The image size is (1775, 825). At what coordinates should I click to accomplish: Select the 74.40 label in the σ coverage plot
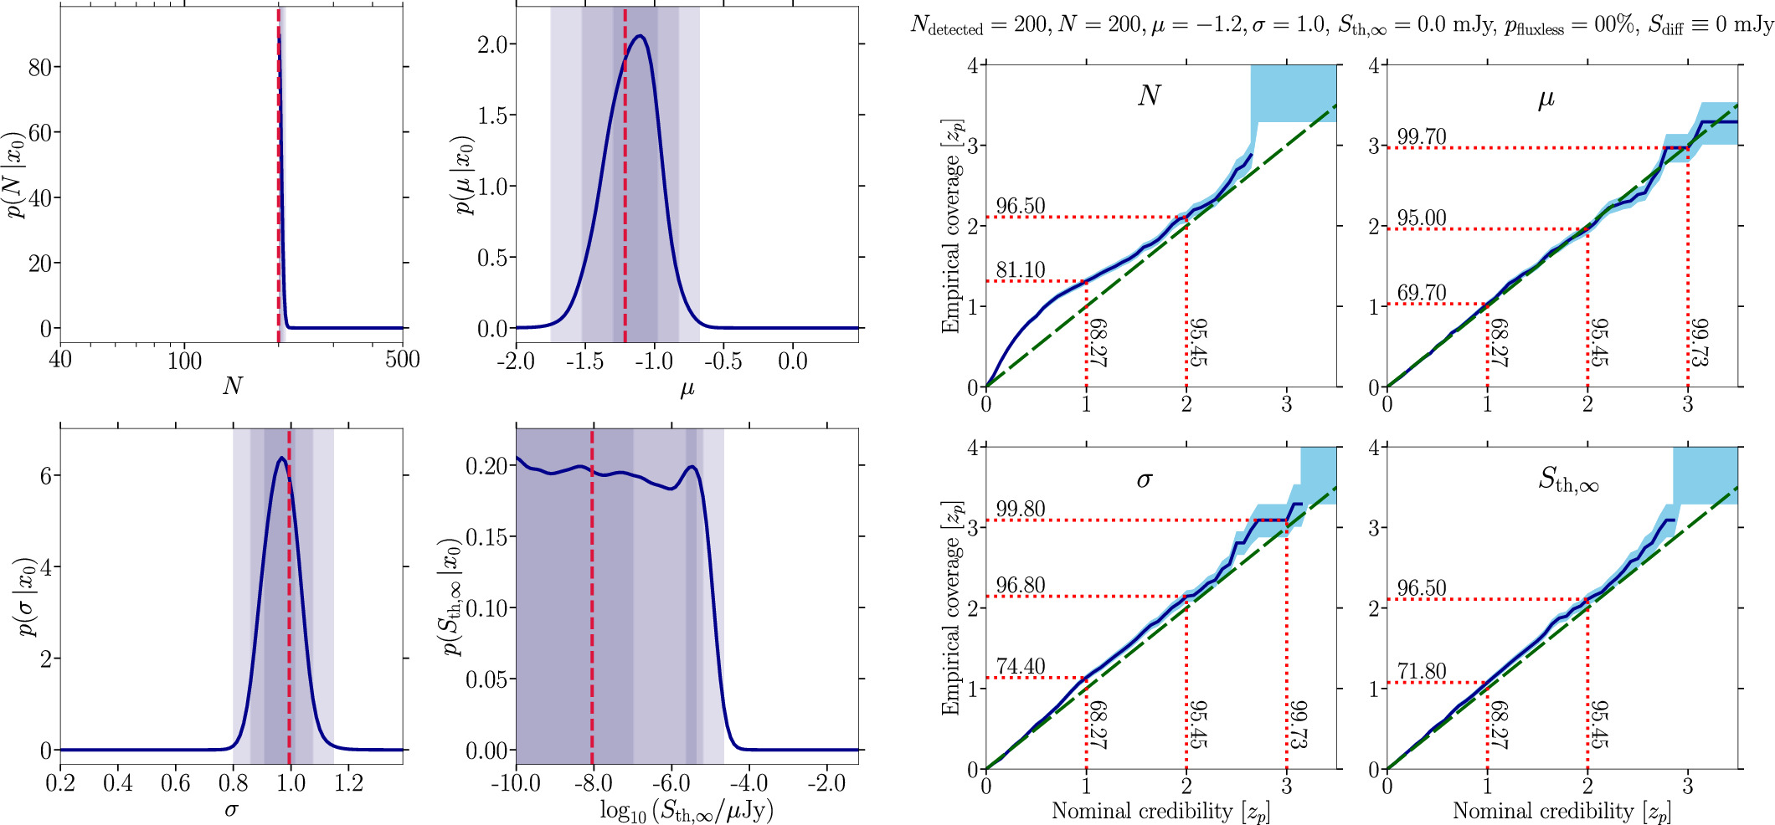tap(1020, 667)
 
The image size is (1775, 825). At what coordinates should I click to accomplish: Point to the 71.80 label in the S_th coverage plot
tap(1421, 672)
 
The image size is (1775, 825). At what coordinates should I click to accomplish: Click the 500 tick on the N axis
tap(403, 361)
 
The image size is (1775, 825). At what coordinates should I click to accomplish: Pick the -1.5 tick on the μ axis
tap(584, 361)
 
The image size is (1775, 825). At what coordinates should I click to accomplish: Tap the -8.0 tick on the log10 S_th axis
tap(592, 783)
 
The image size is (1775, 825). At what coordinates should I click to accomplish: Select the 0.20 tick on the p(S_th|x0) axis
tap(487, 466)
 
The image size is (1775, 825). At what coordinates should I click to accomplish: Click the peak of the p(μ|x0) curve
tap(640, 36)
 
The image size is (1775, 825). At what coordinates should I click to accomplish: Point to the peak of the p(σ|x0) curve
tap(281, 458)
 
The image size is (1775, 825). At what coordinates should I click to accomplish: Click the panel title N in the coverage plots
tap(1149, 96)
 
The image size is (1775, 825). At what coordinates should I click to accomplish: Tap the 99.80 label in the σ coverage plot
tap(1020, 510)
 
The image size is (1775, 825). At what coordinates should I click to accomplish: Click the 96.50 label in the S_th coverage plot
tap(1421, 588)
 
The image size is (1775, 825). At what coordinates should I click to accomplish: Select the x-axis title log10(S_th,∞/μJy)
tap(687, 810)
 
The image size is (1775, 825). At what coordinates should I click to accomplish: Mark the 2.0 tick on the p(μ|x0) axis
tap(492, 44)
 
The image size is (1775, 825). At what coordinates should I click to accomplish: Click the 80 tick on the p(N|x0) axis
tap(40, 68)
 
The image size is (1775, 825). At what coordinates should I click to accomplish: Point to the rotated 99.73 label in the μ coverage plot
tap(1699, 341)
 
